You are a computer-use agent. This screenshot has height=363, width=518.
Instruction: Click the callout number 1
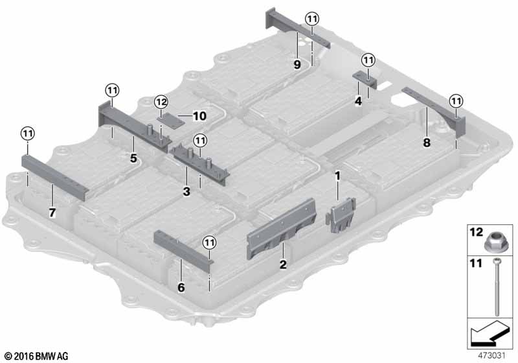click(x=337, y=176)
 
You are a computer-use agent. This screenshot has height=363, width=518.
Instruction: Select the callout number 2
click(x=283, y=264)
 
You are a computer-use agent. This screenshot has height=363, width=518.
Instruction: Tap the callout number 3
click(x=186, y=191)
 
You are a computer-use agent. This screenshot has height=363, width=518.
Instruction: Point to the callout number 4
click(x=358, y=101)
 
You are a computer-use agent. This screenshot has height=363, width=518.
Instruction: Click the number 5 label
click(x=133, y=158)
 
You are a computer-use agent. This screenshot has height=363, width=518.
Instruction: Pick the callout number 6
click(x=181, y=287)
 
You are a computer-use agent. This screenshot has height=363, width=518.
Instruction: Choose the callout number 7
click(x=52, y=213)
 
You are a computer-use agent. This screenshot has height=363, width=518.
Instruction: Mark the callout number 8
click(x=427, y=143)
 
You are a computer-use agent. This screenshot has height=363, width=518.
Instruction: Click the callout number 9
click(x=297, y=64)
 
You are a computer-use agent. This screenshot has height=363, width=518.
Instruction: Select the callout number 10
click(x=199, y=116)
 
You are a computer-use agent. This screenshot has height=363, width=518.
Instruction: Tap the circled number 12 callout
click(x=161, y=102)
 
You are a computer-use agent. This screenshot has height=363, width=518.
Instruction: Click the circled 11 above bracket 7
click(x=28, y=134)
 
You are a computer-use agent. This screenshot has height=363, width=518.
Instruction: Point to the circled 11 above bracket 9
click(x=312, y=19)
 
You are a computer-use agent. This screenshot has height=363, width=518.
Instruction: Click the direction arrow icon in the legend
click(x=490, y=333)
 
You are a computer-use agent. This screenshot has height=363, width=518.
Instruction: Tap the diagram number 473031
click(x=491, y=356)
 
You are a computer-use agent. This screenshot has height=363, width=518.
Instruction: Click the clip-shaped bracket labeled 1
click(x=341, y=215)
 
